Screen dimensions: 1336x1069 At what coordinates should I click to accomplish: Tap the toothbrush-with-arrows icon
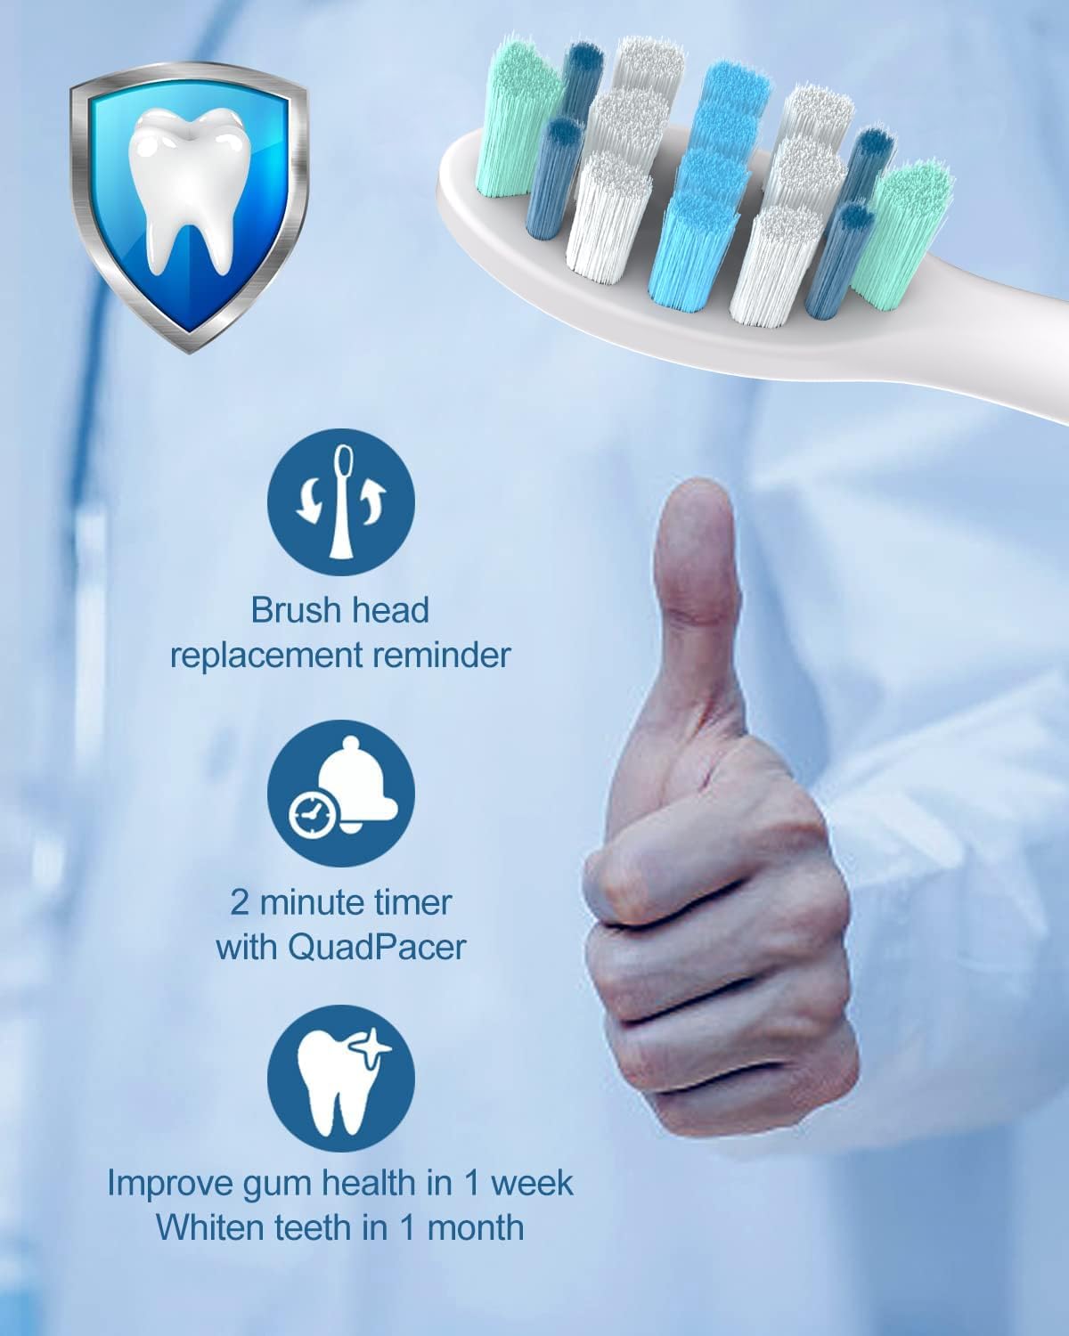341,504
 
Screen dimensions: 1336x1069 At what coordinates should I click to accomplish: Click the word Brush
290,611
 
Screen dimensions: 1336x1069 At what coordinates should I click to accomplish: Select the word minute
323,902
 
